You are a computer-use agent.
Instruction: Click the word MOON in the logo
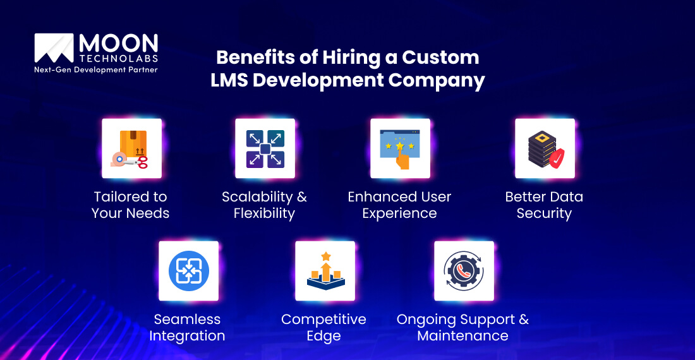[x=118, y=44]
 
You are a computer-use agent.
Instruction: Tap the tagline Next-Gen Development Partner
[x=95, y=69]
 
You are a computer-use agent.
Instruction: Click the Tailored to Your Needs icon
[x=131, y=148]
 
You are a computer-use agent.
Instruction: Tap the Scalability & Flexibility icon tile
[x=265, y=148]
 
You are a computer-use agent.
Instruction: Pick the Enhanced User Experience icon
[x=400, y=148]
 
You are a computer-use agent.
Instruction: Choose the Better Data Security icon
[x=544, y=148]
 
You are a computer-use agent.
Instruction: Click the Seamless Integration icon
[x=188, y=270]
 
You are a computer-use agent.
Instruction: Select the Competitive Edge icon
[x=325, y=270]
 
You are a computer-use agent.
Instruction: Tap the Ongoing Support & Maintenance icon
[x=463, y=270]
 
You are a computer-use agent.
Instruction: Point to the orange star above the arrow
[x=326, y=256]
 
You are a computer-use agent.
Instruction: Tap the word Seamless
[x=187, y=320]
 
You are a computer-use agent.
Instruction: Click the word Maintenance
[x=462, y=336]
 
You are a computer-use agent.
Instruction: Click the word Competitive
[x=323, y=320]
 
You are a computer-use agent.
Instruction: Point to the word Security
[x=544, y=213]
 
